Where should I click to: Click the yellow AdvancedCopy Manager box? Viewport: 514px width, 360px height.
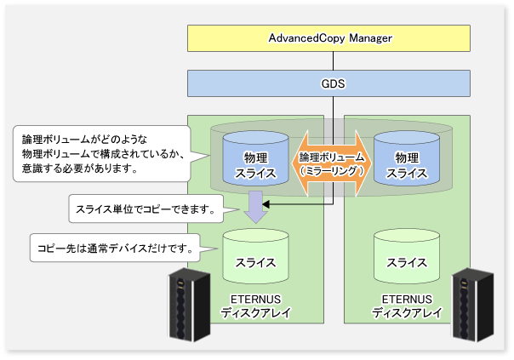point(328,38)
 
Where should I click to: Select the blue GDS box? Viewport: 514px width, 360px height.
point(328,83)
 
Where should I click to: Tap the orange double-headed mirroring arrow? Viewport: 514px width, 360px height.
point(331,163)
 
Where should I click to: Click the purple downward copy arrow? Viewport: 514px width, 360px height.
point(255,207)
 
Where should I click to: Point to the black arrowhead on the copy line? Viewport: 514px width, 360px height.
point(266,204)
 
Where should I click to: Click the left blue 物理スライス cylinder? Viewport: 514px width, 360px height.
point(255,158)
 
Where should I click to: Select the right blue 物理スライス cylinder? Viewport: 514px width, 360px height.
point(407,158)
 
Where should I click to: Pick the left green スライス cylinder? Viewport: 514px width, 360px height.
point(255,256)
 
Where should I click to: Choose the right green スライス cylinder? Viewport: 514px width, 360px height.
point(407,256)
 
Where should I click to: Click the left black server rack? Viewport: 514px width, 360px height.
point(189,305)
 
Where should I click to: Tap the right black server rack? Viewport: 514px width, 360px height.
point(472,305)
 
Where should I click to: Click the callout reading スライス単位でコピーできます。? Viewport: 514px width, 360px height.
point(146,209)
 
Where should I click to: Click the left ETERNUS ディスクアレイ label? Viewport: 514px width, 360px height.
point(255,306)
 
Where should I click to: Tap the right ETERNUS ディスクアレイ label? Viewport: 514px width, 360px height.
point(407,306)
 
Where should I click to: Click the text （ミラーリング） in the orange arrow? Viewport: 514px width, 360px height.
point(331,170)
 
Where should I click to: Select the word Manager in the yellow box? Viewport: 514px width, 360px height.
point(370,38)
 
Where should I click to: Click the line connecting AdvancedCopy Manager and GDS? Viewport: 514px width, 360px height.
point(333,61)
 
